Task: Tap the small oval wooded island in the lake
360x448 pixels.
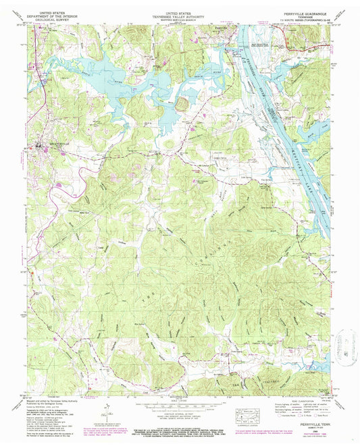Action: coord(182,103)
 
